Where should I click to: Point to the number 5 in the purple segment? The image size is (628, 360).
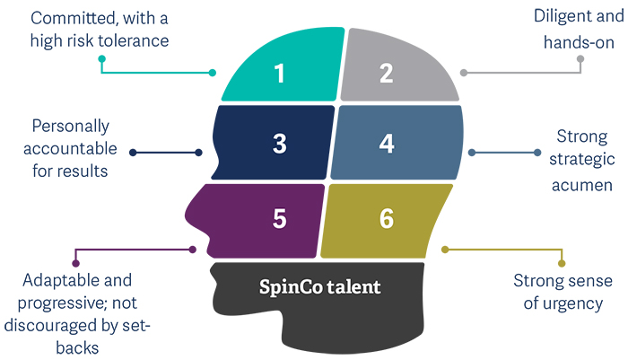pyautogui.click(x=280, y=217)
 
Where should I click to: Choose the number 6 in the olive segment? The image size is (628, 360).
pyautogui.click(x=387, y=217)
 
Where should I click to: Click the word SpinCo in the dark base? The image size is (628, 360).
pyautogui.click(x=289, y=287)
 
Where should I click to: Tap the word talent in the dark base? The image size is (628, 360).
pyautogui.click(x=355, y=287)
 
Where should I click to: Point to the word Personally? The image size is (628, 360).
pyautogui.click(x=70, y=124)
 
